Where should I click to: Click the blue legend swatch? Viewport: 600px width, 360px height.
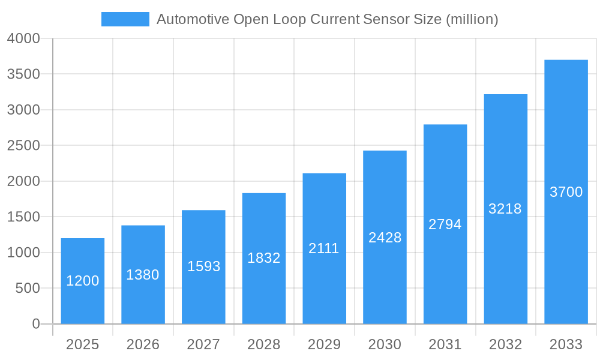[125, 19]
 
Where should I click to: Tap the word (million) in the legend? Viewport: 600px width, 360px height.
[472, 19]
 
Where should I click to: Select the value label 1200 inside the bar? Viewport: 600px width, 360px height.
[83, 281]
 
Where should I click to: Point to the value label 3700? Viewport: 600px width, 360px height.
[566, 192]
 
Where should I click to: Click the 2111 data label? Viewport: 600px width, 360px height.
[324, 248]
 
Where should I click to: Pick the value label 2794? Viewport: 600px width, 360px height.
[445, 224]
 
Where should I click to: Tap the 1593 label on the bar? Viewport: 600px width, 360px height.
[203, 266]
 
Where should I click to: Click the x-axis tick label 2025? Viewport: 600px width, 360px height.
[83, 344]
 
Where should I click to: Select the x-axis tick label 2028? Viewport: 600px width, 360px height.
[264, 344]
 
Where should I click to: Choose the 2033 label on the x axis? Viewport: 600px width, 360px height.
[566, 344]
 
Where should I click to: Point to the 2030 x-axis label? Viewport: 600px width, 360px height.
[385, 344]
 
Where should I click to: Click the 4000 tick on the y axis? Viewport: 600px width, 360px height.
[23, 38]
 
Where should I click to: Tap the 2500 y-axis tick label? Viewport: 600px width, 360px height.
[23, 146]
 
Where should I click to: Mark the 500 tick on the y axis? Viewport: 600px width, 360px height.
[28, 289]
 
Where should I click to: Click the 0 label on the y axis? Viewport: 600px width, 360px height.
[36, 324]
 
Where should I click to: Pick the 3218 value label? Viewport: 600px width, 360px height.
[505, 209]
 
